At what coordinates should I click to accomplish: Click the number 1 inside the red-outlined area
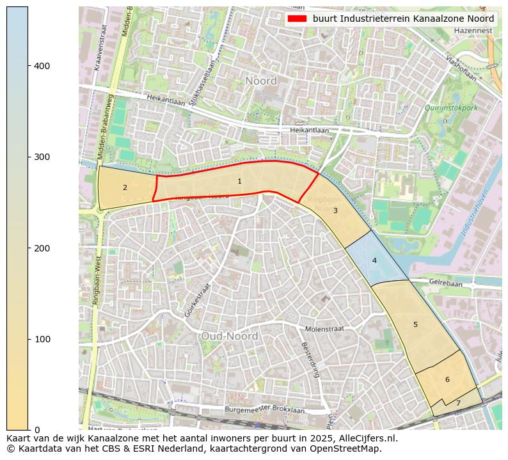pos(239,182)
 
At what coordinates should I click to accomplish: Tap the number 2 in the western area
pos(125,188)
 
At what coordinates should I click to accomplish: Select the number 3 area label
pos(335,210)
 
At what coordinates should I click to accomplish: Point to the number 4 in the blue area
pos(374,260)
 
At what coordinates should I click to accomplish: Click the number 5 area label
pos(415,325)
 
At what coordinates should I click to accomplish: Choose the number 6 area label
pos(447,380)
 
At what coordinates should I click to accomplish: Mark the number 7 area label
pos(458,404)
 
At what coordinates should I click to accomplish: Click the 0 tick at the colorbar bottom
pos(36,429)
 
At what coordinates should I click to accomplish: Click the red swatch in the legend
pos(298,19)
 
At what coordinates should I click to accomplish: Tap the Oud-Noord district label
pos(229,337)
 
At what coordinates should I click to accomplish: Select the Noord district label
pos(261,81)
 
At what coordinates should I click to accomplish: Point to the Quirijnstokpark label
pos(451,108)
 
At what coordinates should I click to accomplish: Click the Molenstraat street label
pos(324,328)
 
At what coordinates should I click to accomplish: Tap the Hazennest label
pos(473,31)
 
